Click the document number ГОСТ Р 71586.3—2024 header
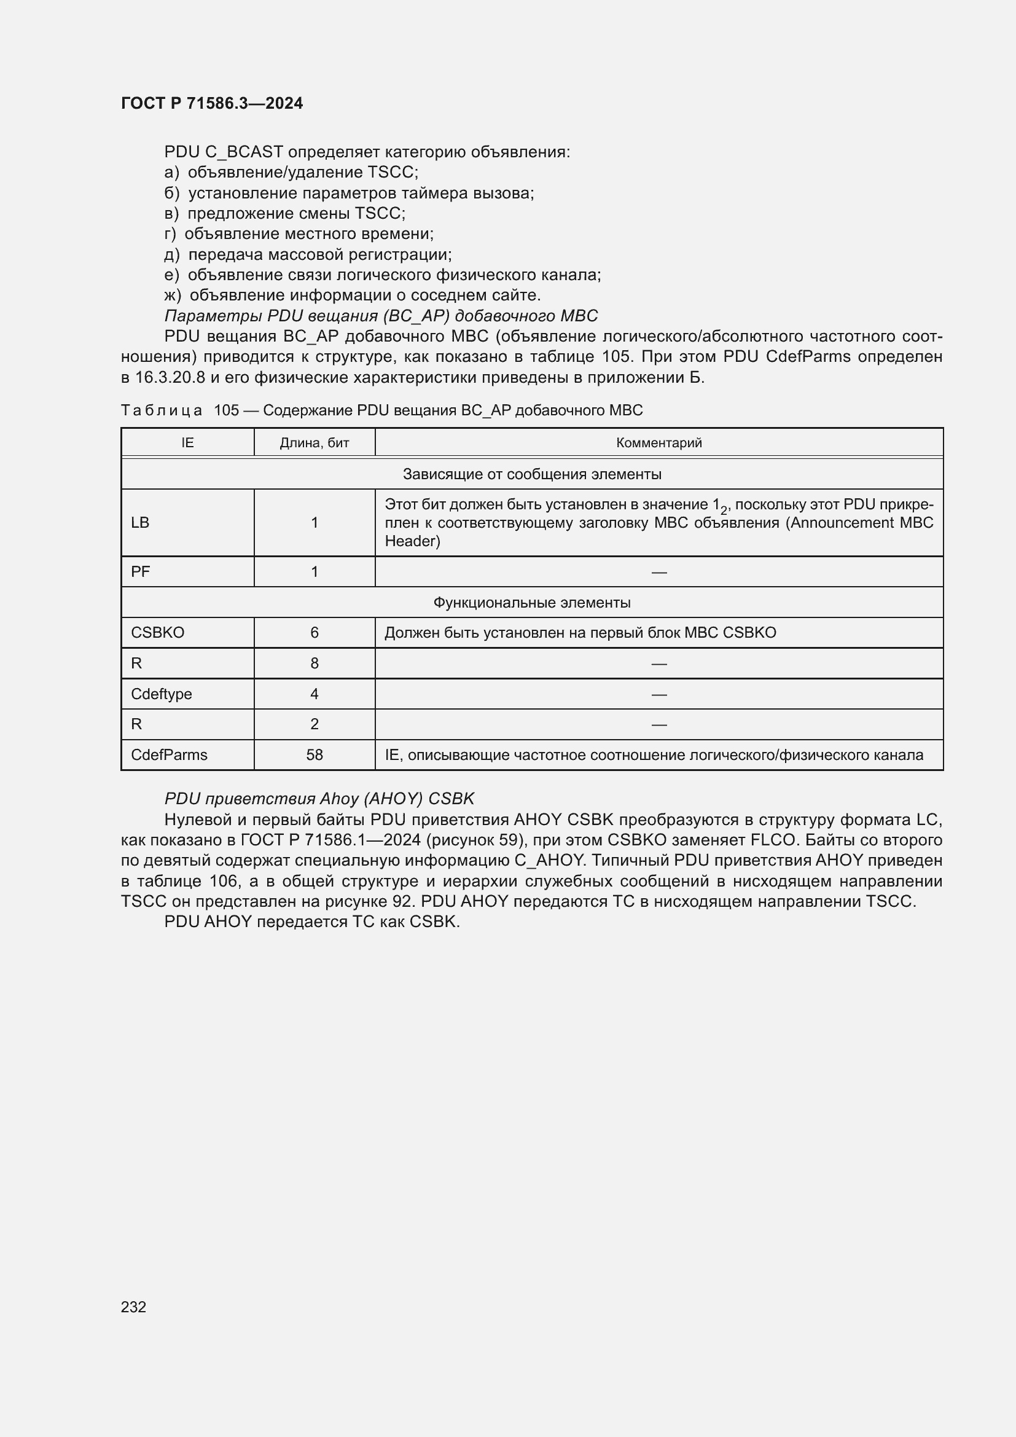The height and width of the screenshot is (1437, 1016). [211, 103]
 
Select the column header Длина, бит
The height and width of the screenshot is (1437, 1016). [314, 443]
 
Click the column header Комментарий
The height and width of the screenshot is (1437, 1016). [658, 443]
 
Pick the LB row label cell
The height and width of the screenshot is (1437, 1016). [140, 523]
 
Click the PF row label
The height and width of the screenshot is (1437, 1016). [140, 571]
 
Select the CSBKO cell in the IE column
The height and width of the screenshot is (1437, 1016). [158, 633]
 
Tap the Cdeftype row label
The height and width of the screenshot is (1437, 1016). [162, 694]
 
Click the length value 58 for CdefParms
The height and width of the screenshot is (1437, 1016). [314, 755]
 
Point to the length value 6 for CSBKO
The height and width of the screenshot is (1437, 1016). [314, 633]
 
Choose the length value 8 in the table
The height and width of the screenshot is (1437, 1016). [314, 664]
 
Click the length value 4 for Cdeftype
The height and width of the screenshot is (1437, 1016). [314, 694]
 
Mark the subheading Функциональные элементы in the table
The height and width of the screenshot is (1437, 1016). [532, 603]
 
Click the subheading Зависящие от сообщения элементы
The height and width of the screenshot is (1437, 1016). [532, 474]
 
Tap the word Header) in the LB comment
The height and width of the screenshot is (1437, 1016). [412, 541]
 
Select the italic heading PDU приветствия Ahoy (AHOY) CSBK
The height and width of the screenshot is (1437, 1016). [319, 799]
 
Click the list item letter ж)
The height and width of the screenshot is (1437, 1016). [173, 295]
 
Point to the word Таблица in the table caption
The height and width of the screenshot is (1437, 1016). [162, 410]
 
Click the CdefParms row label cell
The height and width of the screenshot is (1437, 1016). [169, 755]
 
